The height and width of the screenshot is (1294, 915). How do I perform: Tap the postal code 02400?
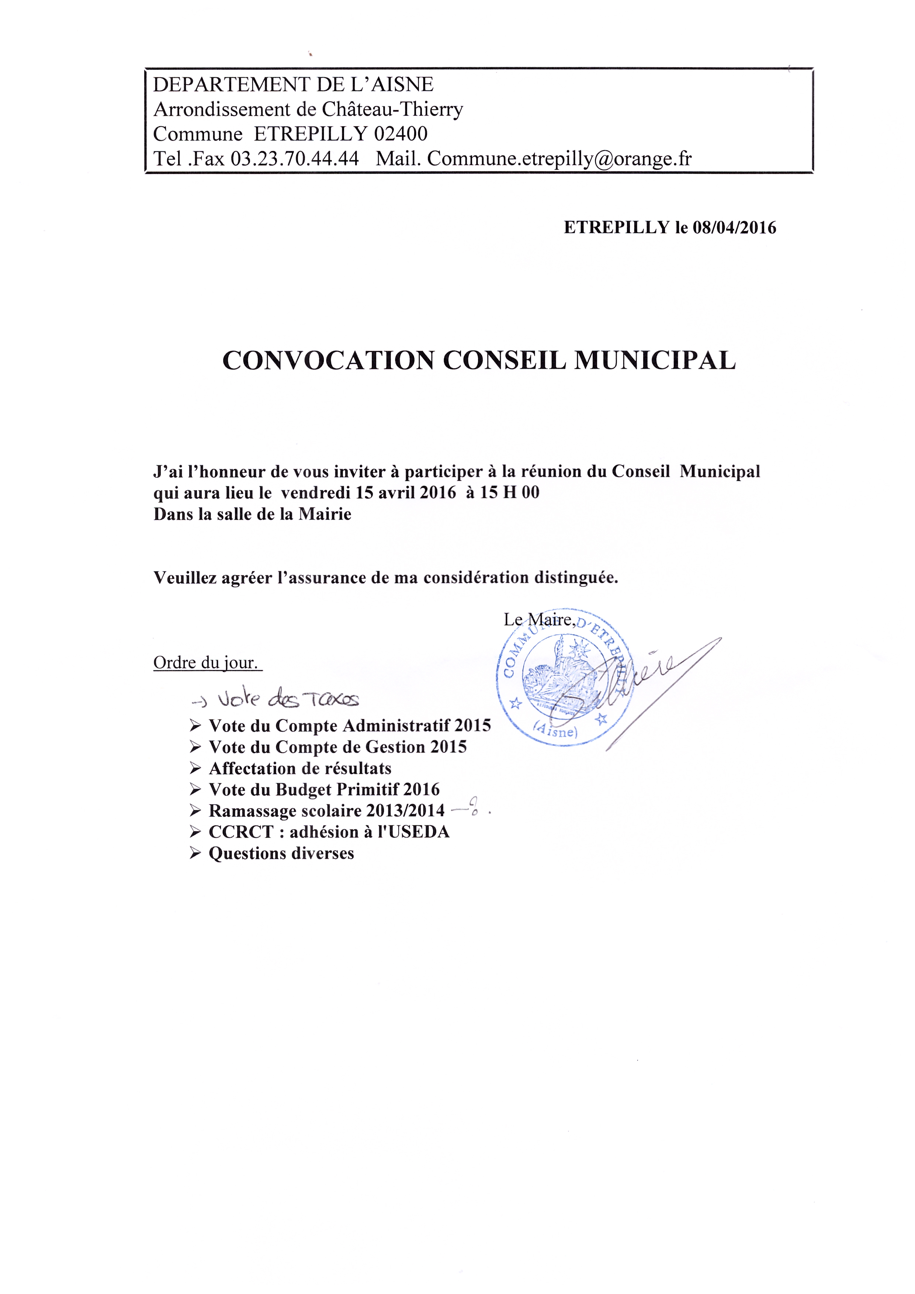pos(401,134)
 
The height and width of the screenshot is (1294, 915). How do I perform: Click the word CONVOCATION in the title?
pos(329,360)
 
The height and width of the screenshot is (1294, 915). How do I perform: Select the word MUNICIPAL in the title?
pos(655,360)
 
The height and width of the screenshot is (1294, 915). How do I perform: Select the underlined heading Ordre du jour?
pos(207,663)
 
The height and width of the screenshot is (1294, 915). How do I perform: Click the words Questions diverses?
pos(281,853)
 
